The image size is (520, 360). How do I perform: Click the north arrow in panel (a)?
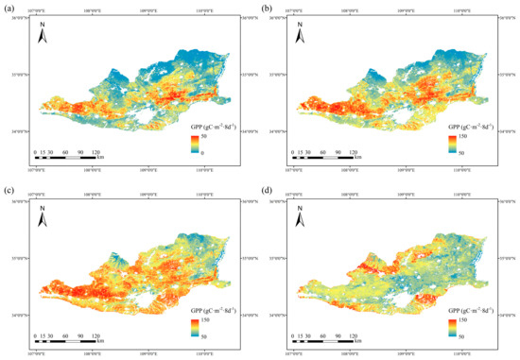[x=43, y=37]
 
